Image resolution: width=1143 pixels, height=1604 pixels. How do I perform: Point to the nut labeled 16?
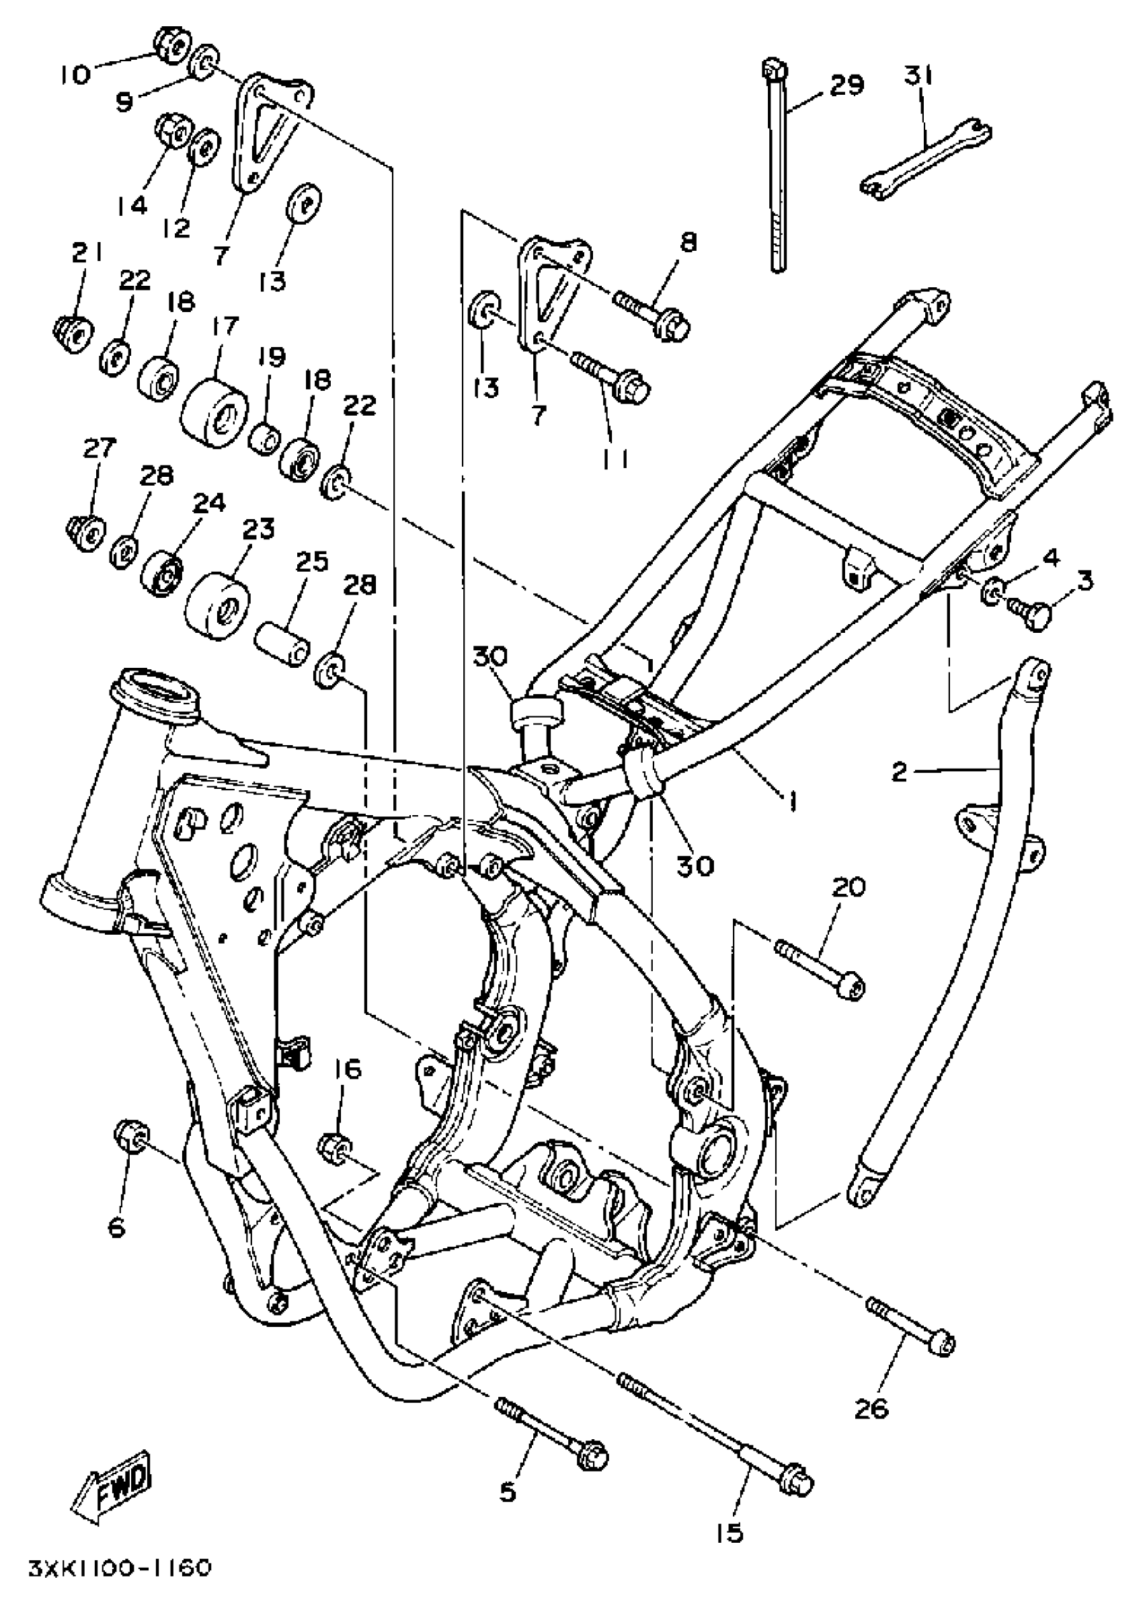click(x=334, y=1148)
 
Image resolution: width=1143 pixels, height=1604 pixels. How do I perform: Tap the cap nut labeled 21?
click(x=73, y=333)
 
